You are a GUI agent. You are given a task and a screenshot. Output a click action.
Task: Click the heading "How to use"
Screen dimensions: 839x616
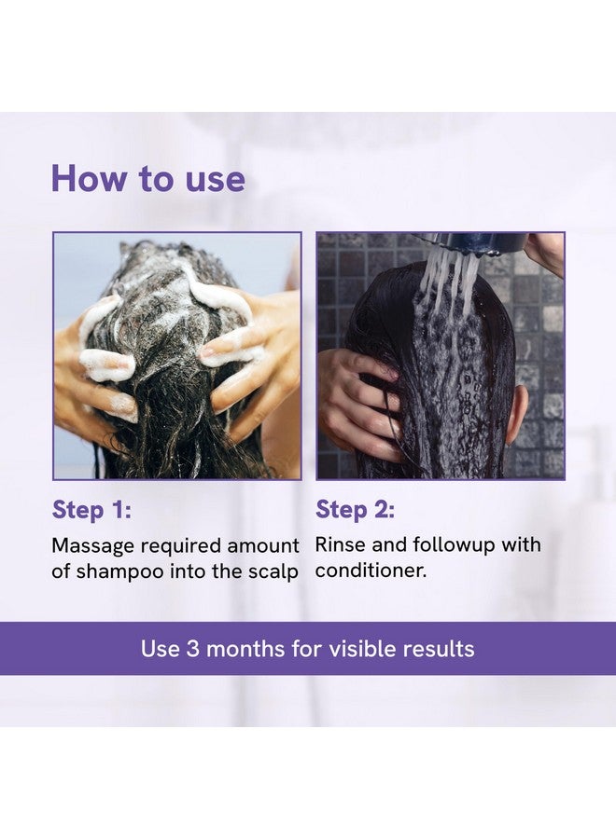coord(147,178)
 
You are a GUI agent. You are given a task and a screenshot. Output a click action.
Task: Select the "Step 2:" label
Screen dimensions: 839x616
coord(355,509)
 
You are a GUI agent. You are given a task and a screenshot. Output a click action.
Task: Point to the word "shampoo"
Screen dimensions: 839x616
coord(126,571)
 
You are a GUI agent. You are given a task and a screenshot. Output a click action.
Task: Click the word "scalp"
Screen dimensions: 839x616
coord(274,571)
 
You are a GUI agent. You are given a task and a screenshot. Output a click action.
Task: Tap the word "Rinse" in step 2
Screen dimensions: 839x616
coord(340,544)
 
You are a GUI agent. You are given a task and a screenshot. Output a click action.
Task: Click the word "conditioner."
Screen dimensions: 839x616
coord(371,571)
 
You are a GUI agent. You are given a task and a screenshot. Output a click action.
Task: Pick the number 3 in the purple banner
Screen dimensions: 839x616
coord(191,649)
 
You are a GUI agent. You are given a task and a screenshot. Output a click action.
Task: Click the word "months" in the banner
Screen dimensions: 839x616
coord(245,649)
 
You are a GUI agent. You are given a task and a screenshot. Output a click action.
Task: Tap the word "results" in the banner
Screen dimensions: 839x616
coord(438,649)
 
